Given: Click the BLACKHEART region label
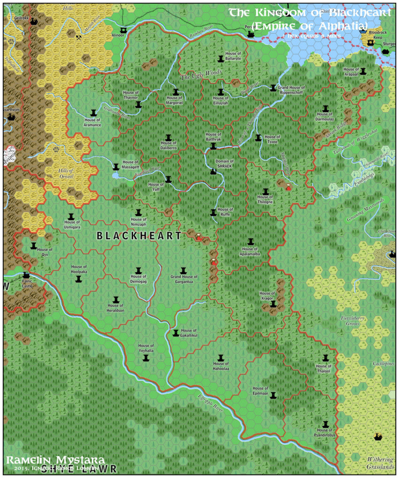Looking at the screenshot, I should click(139, 236).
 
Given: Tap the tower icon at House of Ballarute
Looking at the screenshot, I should click(221, 59).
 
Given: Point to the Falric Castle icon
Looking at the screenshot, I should click(26, 275).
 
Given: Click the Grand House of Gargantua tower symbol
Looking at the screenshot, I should click(184, 271).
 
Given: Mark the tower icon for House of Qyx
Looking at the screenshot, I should click(34, 246).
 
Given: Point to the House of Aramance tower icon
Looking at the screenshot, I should click(93, 113).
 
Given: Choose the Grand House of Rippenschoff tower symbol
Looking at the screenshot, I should click(273, 87).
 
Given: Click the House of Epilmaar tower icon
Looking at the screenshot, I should click(273, 395).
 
